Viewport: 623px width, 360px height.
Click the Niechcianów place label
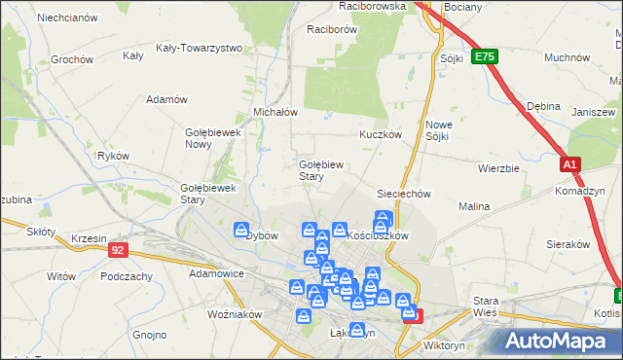click(66, 18)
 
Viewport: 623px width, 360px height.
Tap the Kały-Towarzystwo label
click(199, 48)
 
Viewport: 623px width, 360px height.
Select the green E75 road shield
click(485, 58)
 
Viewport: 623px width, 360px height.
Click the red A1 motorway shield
click(569, 165)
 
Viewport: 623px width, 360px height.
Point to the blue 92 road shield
click(118, 250)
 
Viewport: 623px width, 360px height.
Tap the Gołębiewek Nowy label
click(211, 138)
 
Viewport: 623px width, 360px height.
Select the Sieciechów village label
click(403, 194)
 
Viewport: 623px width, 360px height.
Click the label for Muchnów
click(568, 58)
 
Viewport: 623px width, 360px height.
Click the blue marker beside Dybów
click(242, 230)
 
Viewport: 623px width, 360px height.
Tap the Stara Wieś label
click(485, 306)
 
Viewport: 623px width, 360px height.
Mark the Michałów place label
click(275, 112)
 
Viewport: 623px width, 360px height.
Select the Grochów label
click(71, 59)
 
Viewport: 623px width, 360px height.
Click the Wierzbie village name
click(498, 168)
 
